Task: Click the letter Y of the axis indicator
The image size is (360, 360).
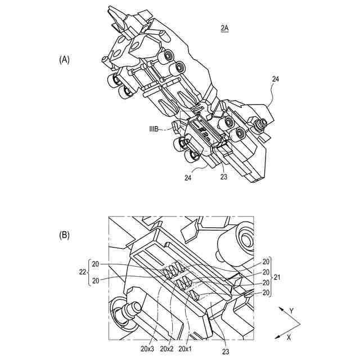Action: point(291,310)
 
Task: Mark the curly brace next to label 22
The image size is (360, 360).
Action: point(88,272)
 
